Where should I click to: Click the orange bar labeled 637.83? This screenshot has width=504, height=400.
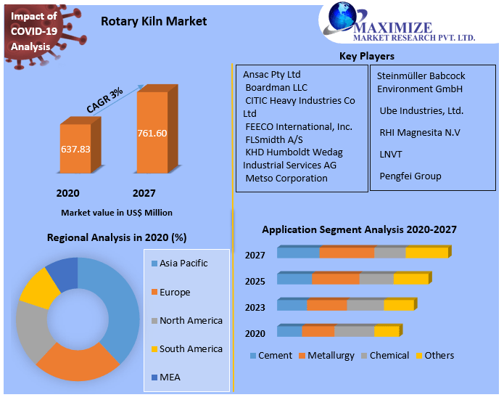point(76,148)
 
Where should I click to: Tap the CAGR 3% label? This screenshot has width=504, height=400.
point(105,99)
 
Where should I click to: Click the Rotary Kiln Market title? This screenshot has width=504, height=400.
point(154,21)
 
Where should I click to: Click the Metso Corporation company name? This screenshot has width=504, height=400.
point(286,179)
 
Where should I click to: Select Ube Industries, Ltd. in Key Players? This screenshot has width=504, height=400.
point(421,111)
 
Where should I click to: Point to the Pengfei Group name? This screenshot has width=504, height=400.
point(410,176)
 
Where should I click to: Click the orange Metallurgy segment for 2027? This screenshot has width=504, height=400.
point(347,253)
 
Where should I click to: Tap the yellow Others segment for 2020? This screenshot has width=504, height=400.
point(387,332)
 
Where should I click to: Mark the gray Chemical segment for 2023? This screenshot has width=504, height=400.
point(365,306)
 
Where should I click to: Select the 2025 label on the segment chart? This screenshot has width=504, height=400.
point(255,281)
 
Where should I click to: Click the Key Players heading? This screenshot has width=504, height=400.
point(367,57)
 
